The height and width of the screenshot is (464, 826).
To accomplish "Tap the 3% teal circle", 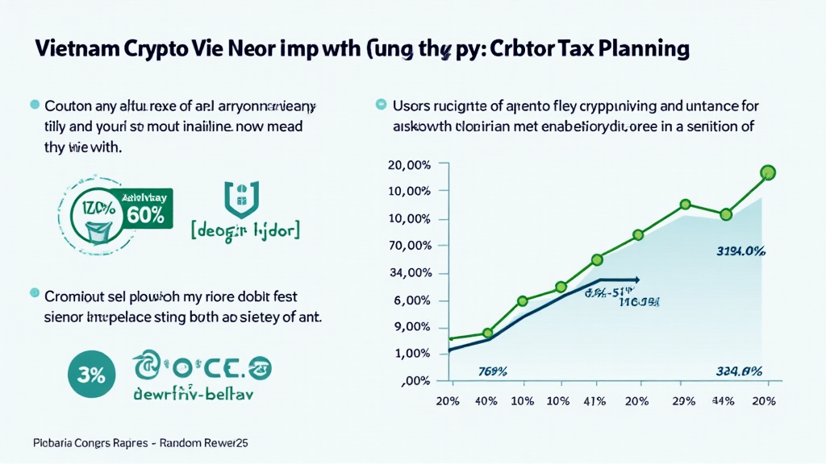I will pos(90,374).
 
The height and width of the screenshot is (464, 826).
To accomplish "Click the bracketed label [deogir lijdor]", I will pos(245,230).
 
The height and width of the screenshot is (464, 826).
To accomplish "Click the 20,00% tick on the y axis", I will pos(409,164).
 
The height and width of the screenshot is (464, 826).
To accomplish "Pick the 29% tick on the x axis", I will pos(682,400).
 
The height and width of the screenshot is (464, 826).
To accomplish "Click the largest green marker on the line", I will pos(767,172).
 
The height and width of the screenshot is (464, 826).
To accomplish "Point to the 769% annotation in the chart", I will pos(492,371).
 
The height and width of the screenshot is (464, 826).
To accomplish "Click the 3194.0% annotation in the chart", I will pos(740,251).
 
